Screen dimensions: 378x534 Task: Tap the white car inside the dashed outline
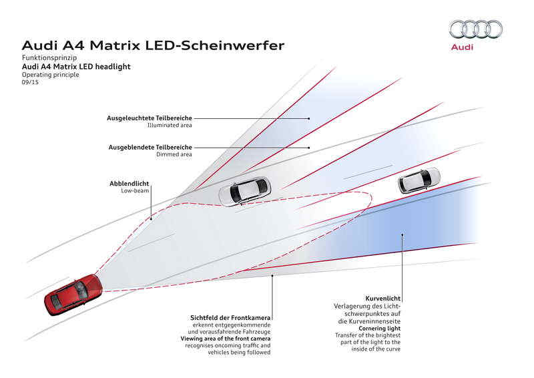click(246, 190)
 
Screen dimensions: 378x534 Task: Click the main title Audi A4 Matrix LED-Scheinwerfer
click(154, 46)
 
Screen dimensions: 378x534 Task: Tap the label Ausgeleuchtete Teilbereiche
click(150, 118)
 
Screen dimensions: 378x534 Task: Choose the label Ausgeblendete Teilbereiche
click(150, 147)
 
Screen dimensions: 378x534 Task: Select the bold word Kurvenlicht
click(383, 298)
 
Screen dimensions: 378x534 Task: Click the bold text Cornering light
click(379, 328)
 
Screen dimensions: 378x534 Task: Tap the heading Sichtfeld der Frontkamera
click(230, 318)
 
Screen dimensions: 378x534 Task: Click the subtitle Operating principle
click(51, 75)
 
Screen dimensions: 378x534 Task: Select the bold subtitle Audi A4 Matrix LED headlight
click(76, 67)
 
